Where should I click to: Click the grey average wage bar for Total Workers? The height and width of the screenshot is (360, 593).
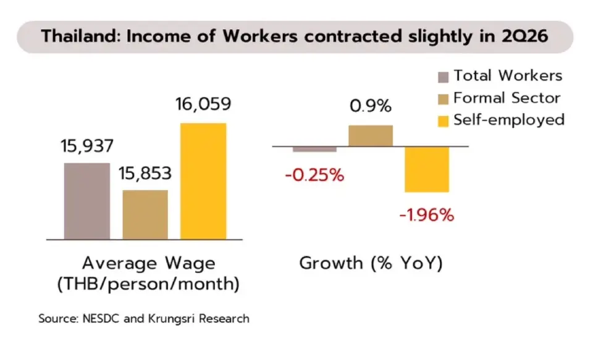click(87, 201)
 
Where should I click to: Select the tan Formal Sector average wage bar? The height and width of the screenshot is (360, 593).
click(145, 215)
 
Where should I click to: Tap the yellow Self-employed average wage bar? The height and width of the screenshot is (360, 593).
click(203, 181)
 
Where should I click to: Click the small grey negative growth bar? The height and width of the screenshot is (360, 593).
click(314, 149)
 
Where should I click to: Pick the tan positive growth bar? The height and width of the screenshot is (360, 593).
click(371, 136)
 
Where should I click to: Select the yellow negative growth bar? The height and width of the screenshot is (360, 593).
click(427, 169)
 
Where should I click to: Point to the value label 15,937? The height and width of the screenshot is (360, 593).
click(87, 146)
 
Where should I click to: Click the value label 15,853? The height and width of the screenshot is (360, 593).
click(145, 174)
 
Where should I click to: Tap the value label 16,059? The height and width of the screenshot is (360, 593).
click(203, 104)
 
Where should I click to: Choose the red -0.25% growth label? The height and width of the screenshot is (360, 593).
click(314, 175)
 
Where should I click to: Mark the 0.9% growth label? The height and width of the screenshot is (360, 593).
click(371, 106)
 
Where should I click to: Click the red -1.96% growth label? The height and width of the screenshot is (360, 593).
click(427, 215)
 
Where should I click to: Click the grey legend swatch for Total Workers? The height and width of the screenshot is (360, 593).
click(444, 77)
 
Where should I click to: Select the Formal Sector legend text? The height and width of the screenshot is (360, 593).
click(507, 98)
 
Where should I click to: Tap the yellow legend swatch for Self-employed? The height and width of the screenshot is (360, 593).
click(444, 122)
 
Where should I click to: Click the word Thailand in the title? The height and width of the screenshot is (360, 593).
click(81, 36)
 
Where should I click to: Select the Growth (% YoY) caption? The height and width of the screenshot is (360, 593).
click(371, 263)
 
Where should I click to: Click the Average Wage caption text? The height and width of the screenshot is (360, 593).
click(149, 263)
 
